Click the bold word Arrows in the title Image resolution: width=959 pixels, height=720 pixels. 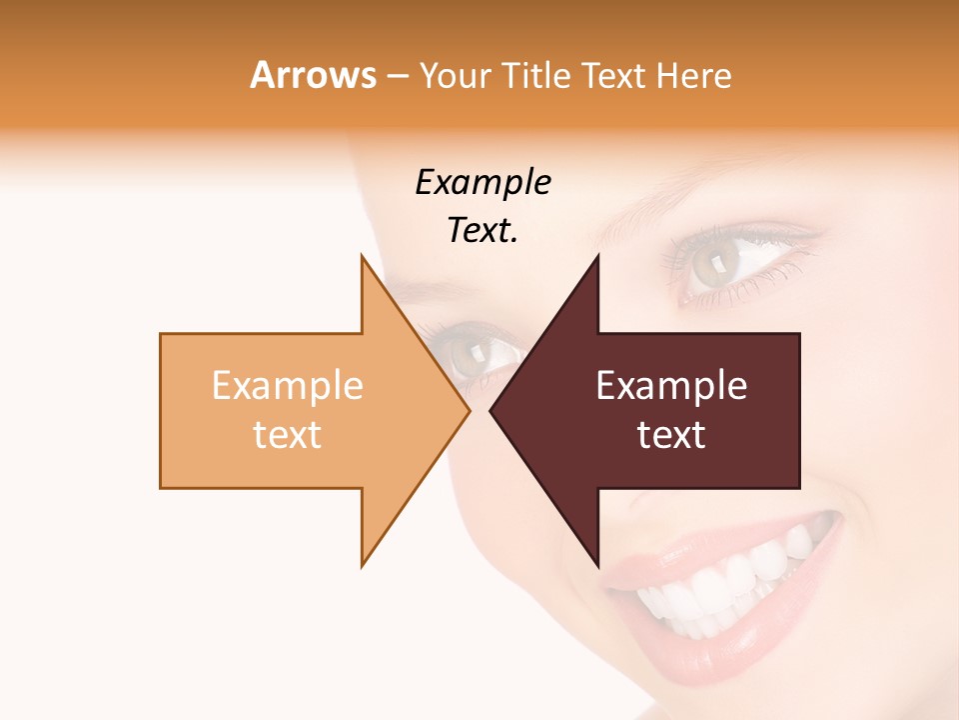pyautogui.click(x=314, y=75)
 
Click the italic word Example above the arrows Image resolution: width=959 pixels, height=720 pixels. pyautogui.click(x=482, y=182)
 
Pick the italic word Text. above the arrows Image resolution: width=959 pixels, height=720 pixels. pyautogui.click(x=482, y=230)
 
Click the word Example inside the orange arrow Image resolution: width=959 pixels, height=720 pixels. pyautogui.click(x=288, y=385)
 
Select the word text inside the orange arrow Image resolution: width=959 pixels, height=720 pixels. pyautogui.click(x=288, y=434)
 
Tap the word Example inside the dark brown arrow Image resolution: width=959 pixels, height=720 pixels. pyautogui.click(x=671, y=385)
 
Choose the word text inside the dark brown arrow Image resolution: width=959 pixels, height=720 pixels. pyautogui.click(x=671, y=434)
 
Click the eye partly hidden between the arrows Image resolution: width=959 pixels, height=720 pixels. pyautogui.click(x=476, y=352)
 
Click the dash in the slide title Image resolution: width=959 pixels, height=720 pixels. pyautogui.click(x=397, y=76)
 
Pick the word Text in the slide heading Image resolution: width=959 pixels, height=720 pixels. pyautogui.click(x=615, y=75)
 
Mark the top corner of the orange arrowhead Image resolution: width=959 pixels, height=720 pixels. pyautogui.click(x=362, y=254)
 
